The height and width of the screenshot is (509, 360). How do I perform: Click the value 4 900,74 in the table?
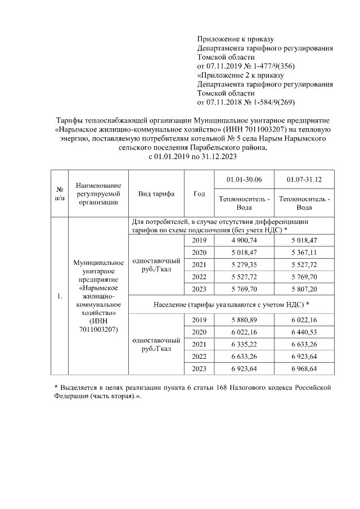coord(247,241)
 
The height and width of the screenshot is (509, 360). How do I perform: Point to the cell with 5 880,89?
coord(247,319)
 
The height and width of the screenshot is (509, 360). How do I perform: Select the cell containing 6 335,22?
coord(247,344)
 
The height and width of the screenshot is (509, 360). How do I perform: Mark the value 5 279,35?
coord(247,265)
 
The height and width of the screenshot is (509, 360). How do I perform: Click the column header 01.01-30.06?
coord(247,179)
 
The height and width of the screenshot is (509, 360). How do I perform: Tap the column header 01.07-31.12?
coord(304,179)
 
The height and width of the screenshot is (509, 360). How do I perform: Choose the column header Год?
coord(199,194)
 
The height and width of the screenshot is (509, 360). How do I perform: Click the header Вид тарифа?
coord(156,194)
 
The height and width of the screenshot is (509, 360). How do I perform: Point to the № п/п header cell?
coord(59,194)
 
